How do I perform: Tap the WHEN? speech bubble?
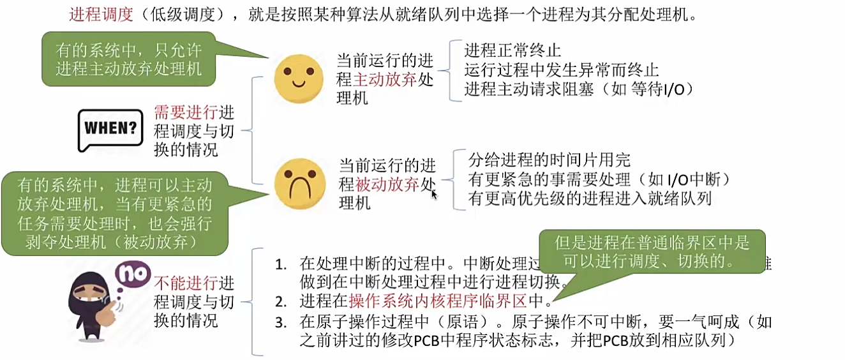click(x=110, y=130)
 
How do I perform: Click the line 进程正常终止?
click(x=512, y=50)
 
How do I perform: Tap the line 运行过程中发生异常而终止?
click(x=562, y=70)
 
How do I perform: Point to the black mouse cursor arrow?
click(x=434, y=193)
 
